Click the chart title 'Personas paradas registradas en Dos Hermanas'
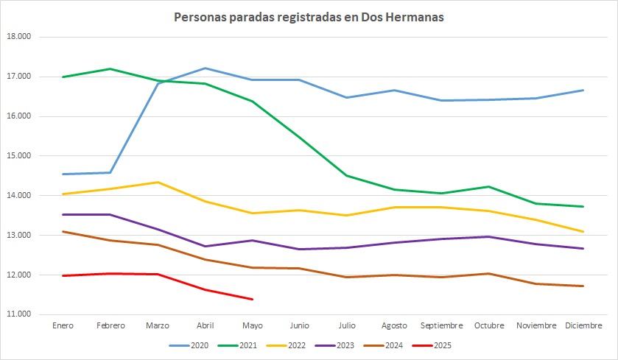pyautogui.click(x=309, y=18)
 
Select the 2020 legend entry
pyautogui.click(x=189, y=345)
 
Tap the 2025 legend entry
pyautogui.click(x=432, y=345)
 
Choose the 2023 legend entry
pyautogui.click(x=334, y=345)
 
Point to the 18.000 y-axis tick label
pyautogui.click(x=18, y=37)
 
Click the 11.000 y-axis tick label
pyautogui.click(x=18, y=314)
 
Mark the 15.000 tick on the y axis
pyautogui.click(x=18, y=155)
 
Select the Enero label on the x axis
pyautogui.click(x=63, y=325)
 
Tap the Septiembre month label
pyautogui.click(x=441, y=325)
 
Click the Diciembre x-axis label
pyautogui.click(x=583, y=325)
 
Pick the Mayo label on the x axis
pyautogui.click(x=252, y=325)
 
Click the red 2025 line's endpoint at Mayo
pyautogui.click(x=252, y=300)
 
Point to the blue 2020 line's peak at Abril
pyautogui.click(x=205, y=68)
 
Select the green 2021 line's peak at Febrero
pyautogui.click(x=110, y=69)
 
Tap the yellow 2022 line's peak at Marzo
pyautogui.click(x=158, y=182)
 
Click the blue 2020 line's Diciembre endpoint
pyautogui.click(x=583, y=91)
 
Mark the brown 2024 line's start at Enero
pyautogui.click(x=63, y=232)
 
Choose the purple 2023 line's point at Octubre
pyautogui.click(x=488, y=237)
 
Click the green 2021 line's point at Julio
pyautogui.click(x=347, y=176)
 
